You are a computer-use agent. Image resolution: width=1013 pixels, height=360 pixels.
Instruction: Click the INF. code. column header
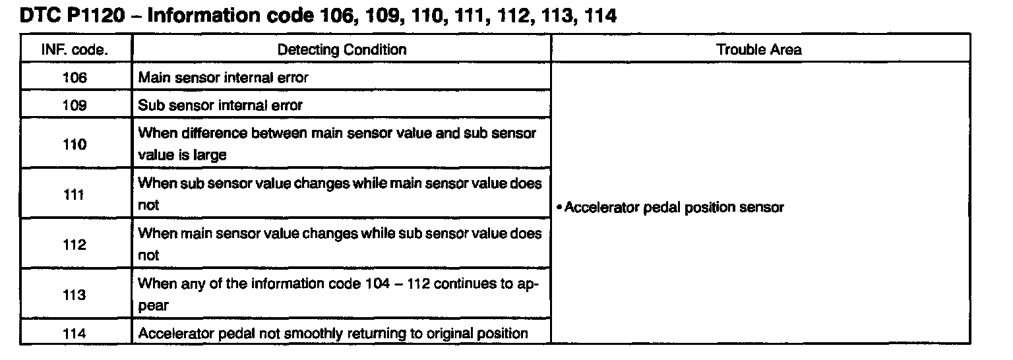(x=75, y=49)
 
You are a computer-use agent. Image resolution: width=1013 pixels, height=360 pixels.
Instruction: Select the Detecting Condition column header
(x=342, y=49)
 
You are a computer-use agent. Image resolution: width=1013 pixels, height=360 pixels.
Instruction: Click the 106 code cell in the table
(x=75, y=78)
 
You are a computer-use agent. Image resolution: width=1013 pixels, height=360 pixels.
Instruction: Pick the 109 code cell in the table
(x=75, y=105)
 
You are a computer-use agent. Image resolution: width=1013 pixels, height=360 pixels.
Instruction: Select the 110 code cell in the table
(x=75, y=144)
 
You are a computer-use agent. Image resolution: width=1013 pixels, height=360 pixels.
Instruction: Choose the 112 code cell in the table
(x=75, y=245)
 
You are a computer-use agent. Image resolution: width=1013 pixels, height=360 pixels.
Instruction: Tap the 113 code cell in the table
(x=75, y=295)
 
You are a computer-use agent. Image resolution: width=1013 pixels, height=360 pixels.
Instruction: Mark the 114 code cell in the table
(x=75, y=334)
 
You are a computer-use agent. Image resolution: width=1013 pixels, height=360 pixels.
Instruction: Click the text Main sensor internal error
(x=223, y=78)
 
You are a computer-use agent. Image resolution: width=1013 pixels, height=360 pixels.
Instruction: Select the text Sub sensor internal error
(x=220, y=105)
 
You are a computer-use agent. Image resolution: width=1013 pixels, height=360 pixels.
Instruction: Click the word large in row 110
(x=211, y=156)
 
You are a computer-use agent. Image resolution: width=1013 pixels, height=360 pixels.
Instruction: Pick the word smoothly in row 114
(x=304, y=334)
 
